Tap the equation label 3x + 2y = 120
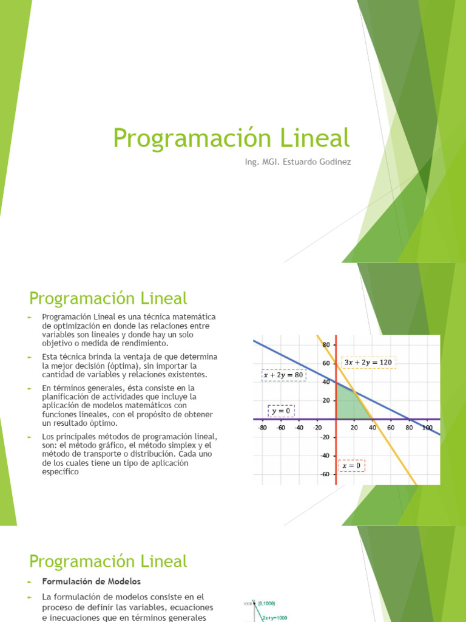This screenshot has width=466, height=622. tap(369, 363)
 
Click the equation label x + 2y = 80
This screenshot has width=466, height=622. tap(284, 375)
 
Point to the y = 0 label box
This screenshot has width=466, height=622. tap(281, 412)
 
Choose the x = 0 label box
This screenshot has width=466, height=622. tap(351, 466)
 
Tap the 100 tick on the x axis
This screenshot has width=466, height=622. tap(427, 428)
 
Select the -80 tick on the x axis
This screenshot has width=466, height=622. tap(262, 428)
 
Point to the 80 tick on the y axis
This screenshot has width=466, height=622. tap(326, 344)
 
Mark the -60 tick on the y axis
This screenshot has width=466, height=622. tap(325, 474)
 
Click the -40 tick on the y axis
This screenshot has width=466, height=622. tap(325, 456)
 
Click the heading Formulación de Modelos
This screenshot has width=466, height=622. tap(91, 581)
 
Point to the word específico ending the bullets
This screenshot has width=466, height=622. tap(61, 471)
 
